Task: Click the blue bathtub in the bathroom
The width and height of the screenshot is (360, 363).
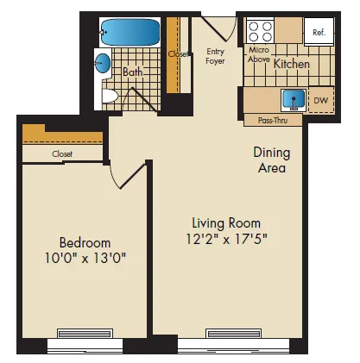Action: [129, 34]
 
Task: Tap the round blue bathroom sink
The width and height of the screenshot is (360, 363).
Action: [103, 63]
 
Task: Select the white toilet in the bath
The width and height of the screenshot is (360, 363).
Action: [109, 95]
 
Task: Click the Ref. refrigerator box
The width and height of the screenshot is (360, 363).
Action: [317, 33]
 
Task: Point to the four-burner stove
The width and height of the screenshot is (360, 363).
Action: [258, 33]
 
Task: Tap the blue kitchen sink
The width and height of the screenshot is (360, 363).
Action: [294, 100]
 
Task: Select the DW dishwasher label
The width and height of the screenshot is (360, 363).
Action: [320, 102]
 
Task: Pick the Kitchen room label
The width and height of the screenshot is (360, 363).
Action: [292, 63]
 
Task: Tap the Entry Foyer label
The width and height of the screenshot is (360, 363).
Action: [215, 56]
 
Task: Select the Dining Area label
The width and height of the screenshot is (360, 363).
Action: [270, 160]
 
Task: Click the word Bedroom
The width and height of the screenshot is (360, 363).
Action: [85, 241]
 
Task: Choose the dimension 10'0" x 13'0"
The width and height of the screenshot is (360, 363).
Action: [85, 258]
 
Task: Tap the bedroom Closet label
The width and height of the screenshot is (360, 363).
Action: [61, 153]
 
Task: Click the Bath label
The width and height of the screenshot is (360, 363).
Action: [132, 72]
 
